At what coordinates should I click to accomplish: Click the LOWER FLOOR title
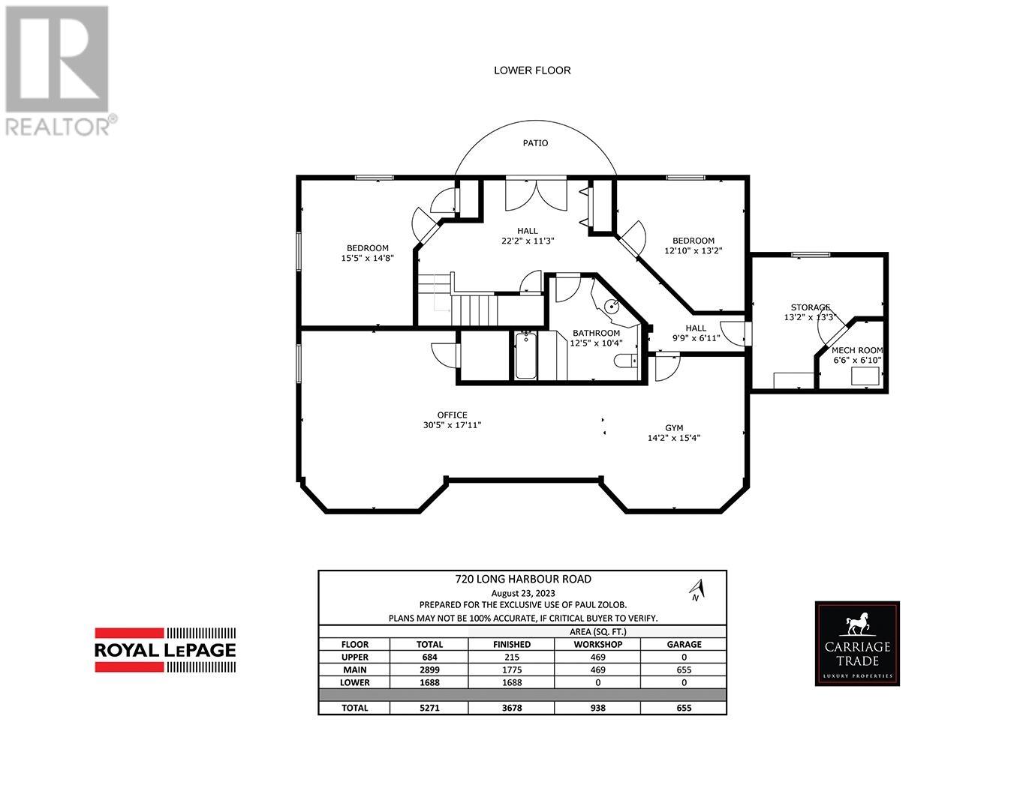tap(532, 70)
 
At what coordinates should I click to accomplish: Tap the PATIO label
tap(535, 142)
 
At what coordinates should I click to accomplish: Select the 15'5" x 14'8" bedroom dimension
tap(367, 258)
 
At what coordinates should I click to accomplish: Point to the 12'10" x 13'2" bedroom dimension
tap(694, 251)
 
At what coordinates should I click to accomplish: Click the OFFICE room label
tap(452, 415)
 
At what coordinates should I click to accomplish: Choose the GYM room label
tap(674, 427)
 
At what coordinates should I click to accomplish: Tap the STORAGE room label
tap(810, 307)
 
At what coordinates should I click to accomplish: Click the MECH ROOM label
tap(857, 350)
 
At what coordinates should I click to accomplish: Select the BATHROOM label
tap(596, 333)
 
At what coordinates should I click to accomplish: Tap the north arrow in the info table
tap(697, 590)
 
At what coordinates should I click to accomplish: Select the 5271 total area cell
tap(429, 708)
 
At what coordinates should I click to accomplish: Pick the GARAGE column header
tap(684, 644)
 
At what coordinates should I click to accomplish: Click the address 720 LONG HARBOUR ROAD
tap(522, 579)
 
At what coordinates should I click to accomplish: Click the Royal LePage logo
tap(165, 649)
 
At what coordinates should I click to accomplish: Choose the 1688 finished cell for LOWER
tap(511, 682)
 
